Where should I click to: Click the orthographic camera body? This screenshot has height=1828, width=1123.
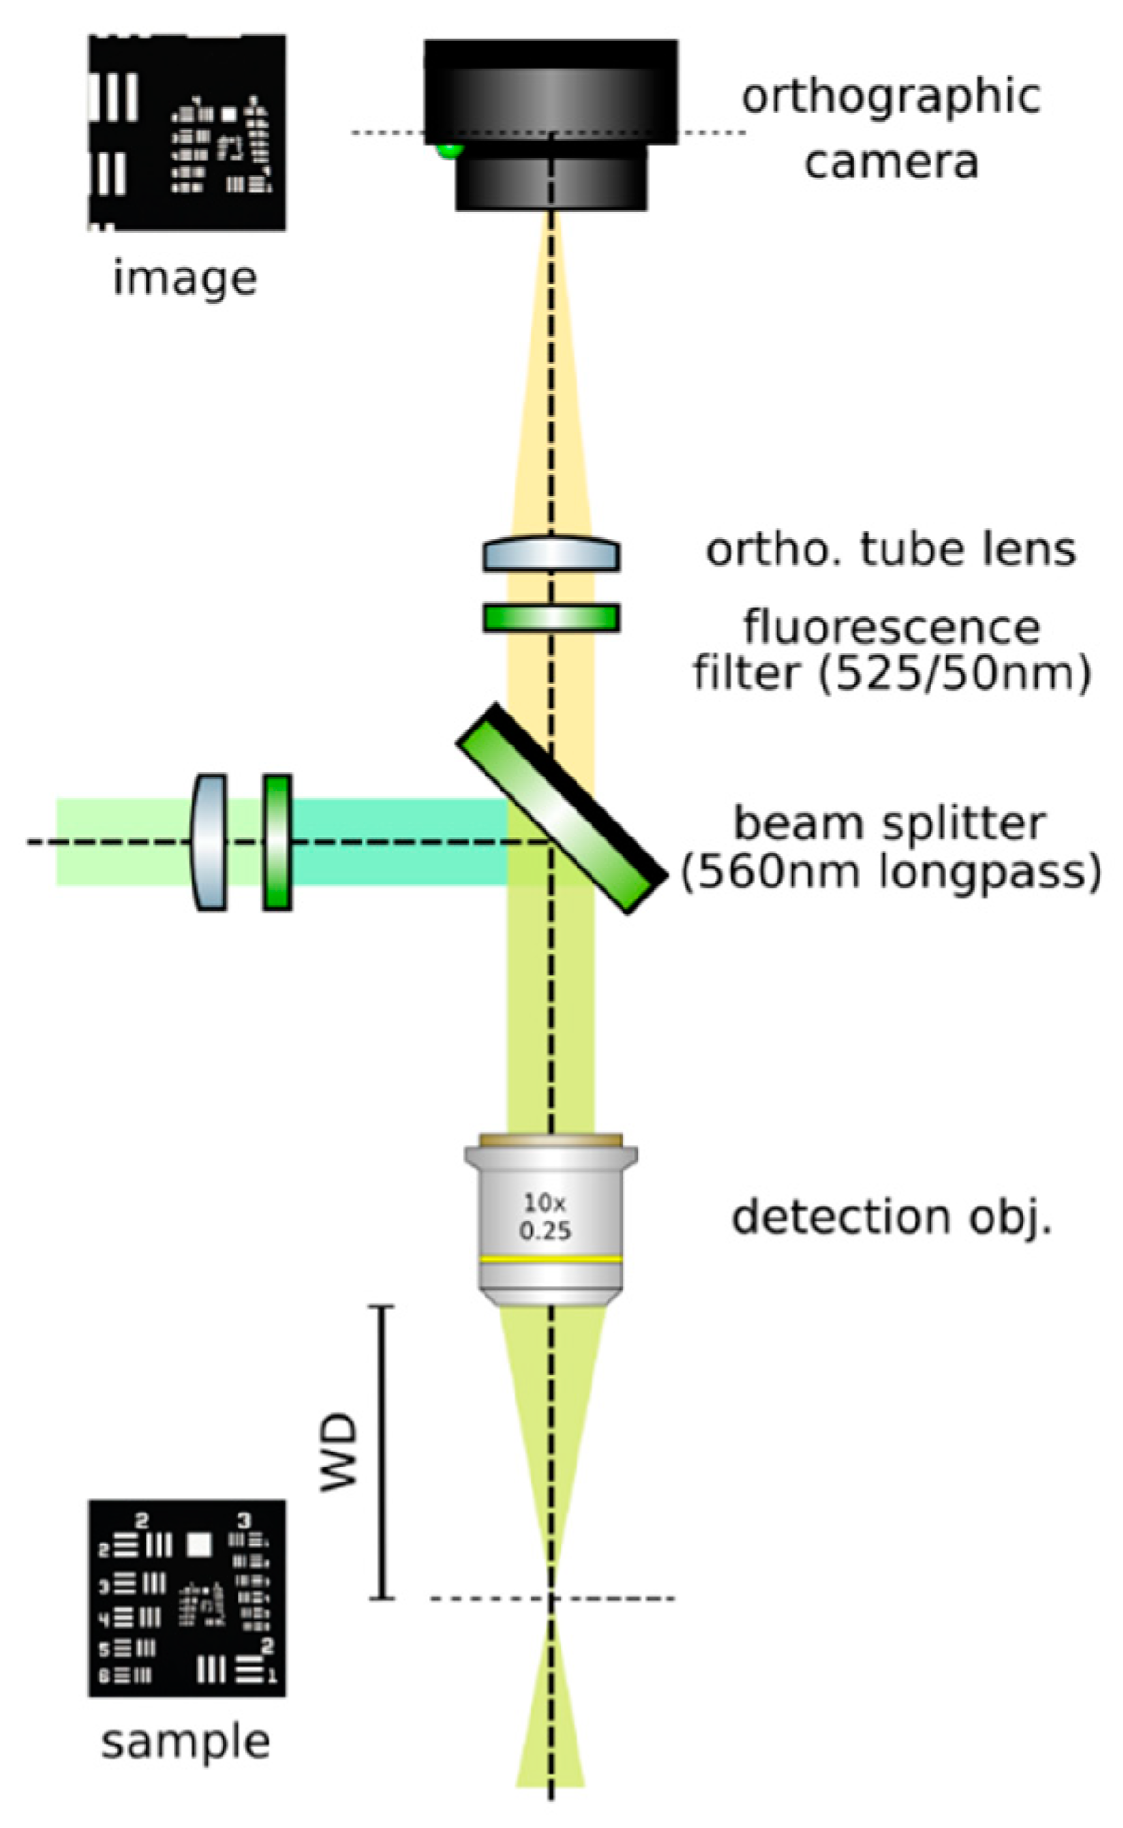(550, 103)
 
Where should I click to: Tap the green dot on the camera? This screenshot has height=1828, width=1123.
(450, 149)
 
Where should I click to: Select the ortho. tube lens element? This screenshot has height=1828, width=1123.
(550, 554)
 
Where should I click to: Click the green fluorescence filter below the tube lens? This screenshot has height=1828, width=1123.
(550, 617)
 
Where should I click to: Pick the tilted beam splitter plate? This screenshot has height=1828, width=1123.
(561, 809)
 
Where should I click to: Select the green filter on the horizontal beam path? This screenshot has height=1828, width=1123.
(277, 841)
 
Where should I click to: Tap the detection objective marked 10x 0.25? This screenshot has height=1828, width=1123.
(550, 1217)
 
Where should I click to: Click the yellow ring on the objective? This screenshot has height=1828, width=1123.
(550, 1258)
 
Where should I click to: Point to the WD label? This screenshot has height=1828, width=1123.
(339, 1452)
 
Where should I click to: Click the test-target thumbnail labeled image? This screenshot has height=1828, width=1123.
(187, 132)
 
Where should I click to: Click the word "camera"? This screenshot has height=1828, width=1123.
(891, 161)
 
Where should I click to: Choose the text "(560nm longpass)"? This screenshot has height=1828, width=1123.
(890, 872)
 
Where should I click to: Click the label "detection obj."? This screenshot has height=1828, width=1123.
(891, 1217)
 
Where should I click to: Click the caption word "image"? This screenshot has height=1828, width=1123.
(185, 278)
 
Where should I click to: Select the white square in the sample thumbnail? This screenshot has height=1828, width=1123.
(198, 1544)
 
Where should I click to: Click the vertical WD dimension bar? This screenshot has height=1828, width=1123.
(381, 1452)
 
